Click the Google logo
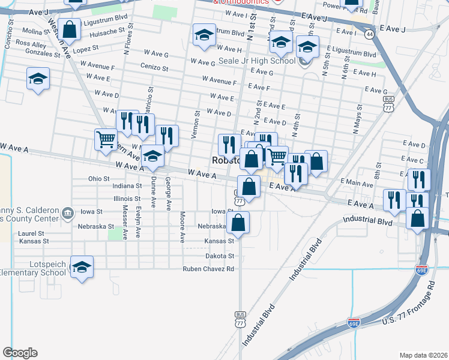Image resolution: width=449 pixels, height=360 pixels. point(20,353)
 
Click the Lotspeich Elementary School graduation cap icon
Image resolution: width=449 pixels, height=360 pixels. point(82,268)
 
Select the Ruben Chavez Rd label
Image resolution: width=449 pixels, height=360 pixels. point(208,269)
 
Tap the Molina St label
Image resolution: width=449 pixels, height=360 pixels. point(35,31)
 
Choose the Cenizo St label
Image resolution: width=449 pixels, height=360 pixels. point(154,67)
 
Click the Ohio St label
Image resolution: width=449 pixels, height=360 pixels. point(98,178)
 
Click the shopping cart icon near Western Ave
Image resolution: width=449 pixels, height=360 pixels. point(106,139)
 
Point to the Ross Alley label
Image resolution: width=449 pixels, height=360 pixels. point(31,44)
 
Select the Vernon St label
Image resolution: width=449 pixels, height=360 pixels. point(195,124)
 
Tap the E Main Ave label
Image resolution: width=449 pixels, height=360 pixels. point(357,181)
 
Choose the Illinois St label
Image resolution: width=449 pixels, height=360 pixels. point(127,199)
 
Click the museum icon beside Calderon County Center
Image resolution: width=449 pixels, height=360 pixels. point(67,212)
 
